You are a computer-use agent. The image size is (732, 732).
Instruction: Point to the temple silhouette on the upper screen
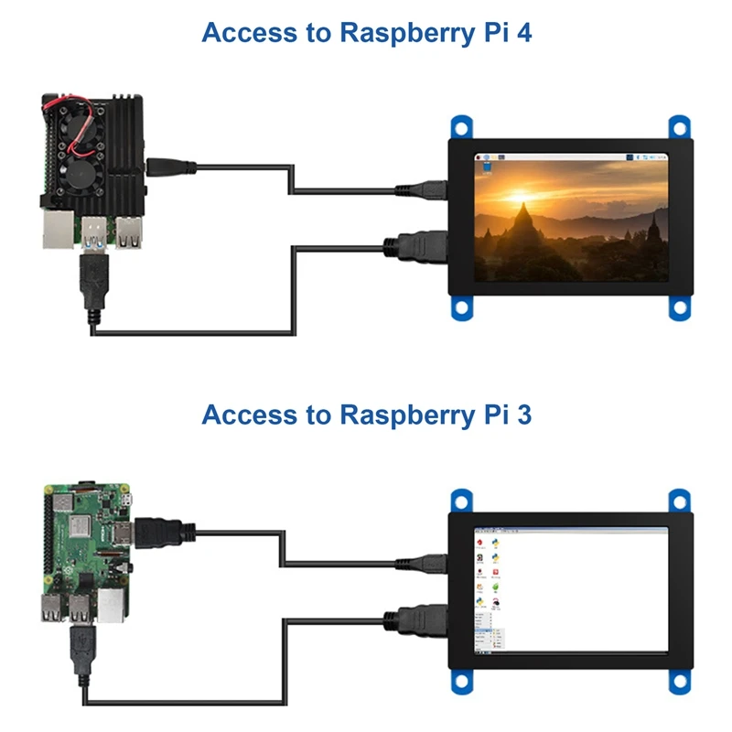tap(523, 230)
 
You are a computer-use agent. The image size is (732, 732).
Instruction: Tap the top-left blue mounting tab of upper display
tap(462, 126)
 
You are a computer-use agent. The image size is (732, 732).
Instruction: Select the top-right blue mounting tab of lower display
tap(678, 501)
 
